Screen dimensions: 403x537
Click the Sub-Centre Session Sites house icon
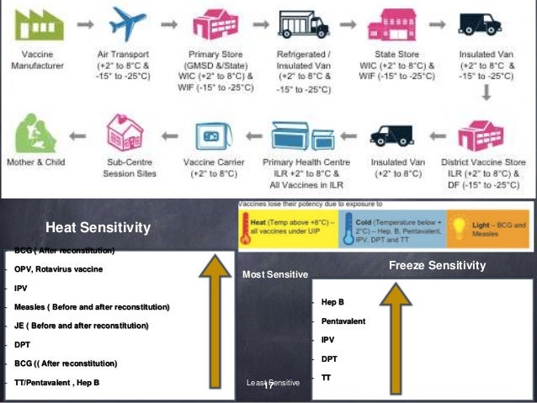(x=127, y=134)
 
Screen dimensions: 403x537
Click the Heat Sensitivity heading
(x=98, y=227)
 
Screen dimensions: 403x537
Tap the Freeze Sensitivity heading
(x=438, y=266)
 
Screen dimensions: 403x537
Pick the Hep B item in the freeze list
(x=333, y=301)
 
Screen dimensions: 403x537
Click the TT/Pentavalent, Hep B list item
(x=56, y=383)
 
